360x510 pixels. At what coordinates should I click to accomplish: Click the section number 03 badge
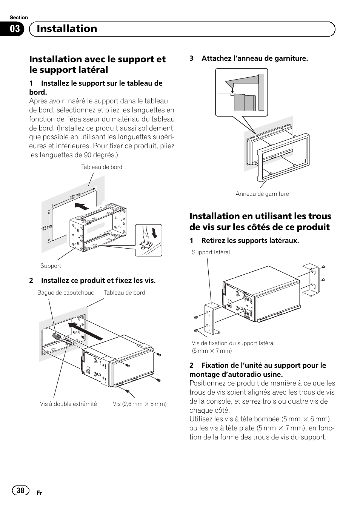15,29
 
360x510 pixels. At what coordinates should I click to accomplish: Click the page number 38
20,490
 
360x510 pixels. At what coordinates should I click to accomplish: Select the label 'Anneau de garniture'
262,194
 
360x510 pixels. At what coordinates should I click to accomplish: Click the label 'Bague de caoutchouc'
66,293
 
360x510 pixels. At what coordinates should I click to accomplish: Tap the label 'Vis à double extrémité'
68,404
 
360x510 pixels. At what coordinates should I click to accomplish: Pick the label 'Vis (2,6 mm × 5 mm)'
140,404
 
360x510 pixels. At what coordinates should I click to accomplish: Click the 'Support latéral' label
211,252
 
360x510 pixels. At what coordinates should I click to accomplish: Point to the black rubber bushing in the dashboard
57,336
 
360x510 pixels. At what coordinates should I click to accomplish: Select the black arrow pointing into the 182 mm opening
82,206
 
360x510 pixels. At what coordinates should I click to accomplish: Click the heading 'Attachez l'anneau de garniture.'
254,58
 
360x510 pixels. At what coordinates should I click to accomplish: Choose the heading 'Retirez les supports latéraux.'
250,241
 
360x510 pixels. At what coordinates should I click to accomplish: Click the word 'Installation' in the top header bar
67,29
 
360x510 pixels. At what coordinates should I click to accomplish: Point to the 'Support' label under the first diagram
51,266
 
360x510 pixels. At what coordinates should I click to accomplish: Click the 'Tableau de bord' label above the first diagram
102,167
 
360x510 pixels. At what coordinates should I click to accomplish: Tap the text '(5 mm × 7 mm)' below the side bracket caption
212,351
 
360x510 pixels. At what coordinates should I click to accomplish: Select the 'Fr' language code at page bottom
39,493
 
